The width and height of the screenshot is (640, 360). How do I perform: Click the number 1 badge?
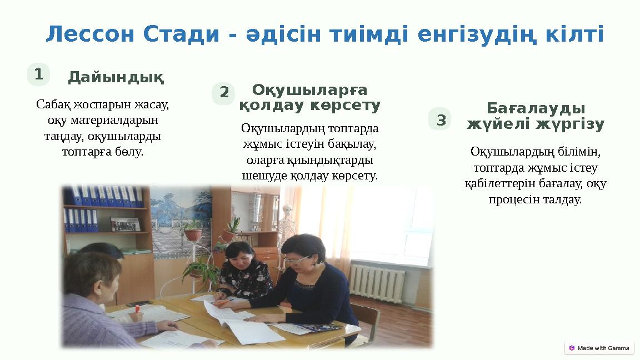38,74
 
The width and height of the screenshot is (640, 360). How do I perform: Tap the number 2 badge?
224,93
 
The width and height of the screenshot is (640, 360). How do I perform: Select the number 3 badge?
441,119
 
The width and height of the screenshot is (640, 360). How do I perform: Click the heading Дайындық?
116,78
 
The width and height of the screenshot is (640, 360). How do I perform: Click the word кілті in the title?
576,35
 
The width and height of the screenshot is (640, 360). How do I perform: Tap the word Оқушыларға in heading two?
309,89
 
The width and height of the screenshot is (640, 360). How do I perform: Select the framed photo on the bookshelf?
125,224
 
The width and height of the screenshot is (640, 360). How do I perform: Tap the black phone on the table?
139,304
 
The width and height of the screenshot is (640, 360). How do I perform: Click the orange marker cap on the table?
137,307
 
